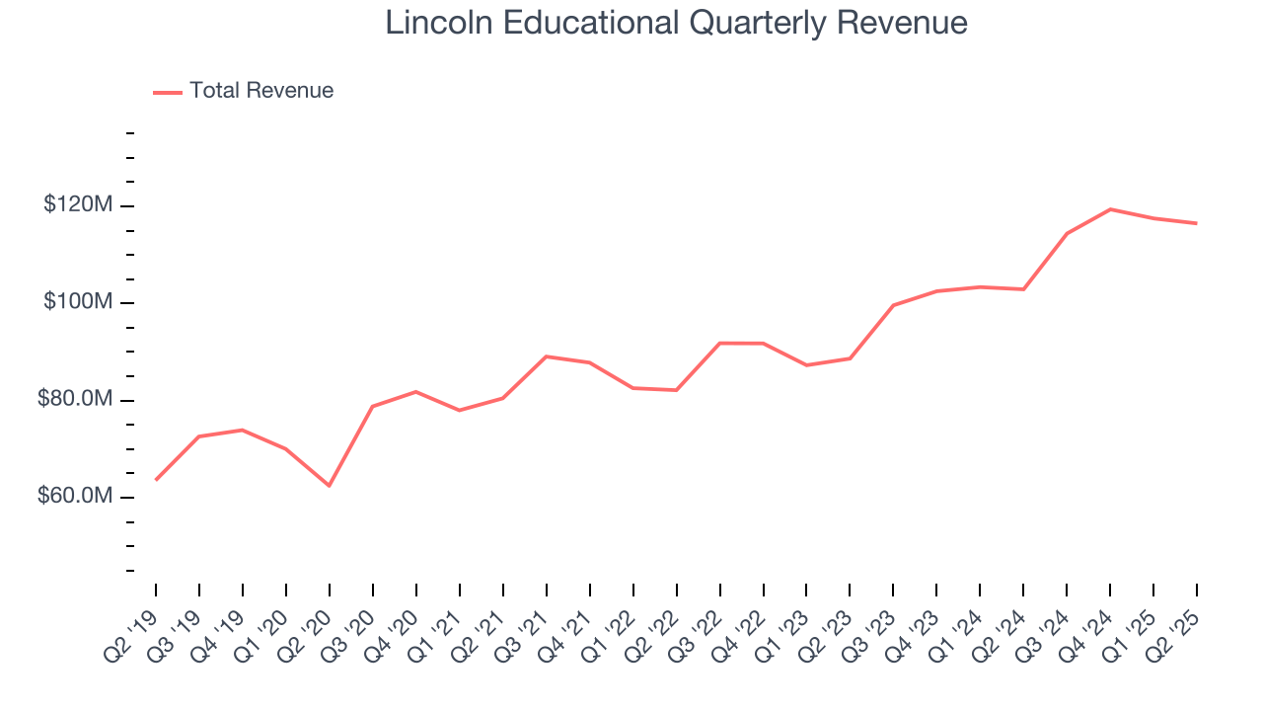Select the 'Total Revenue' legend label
[x=261, y=91]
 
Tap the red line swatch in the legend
[x=168, y=92]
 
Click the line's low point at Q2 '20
[x=330, y=486]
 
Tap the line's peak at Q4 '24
[x=1110, y=209]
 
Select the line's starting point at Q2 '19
[x=156, y=480]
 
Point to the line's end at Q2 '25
[x=1197, y=223]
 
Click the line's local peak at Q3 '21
[x=547, y=356]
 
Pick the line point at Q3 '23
[x=893, y=305]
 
